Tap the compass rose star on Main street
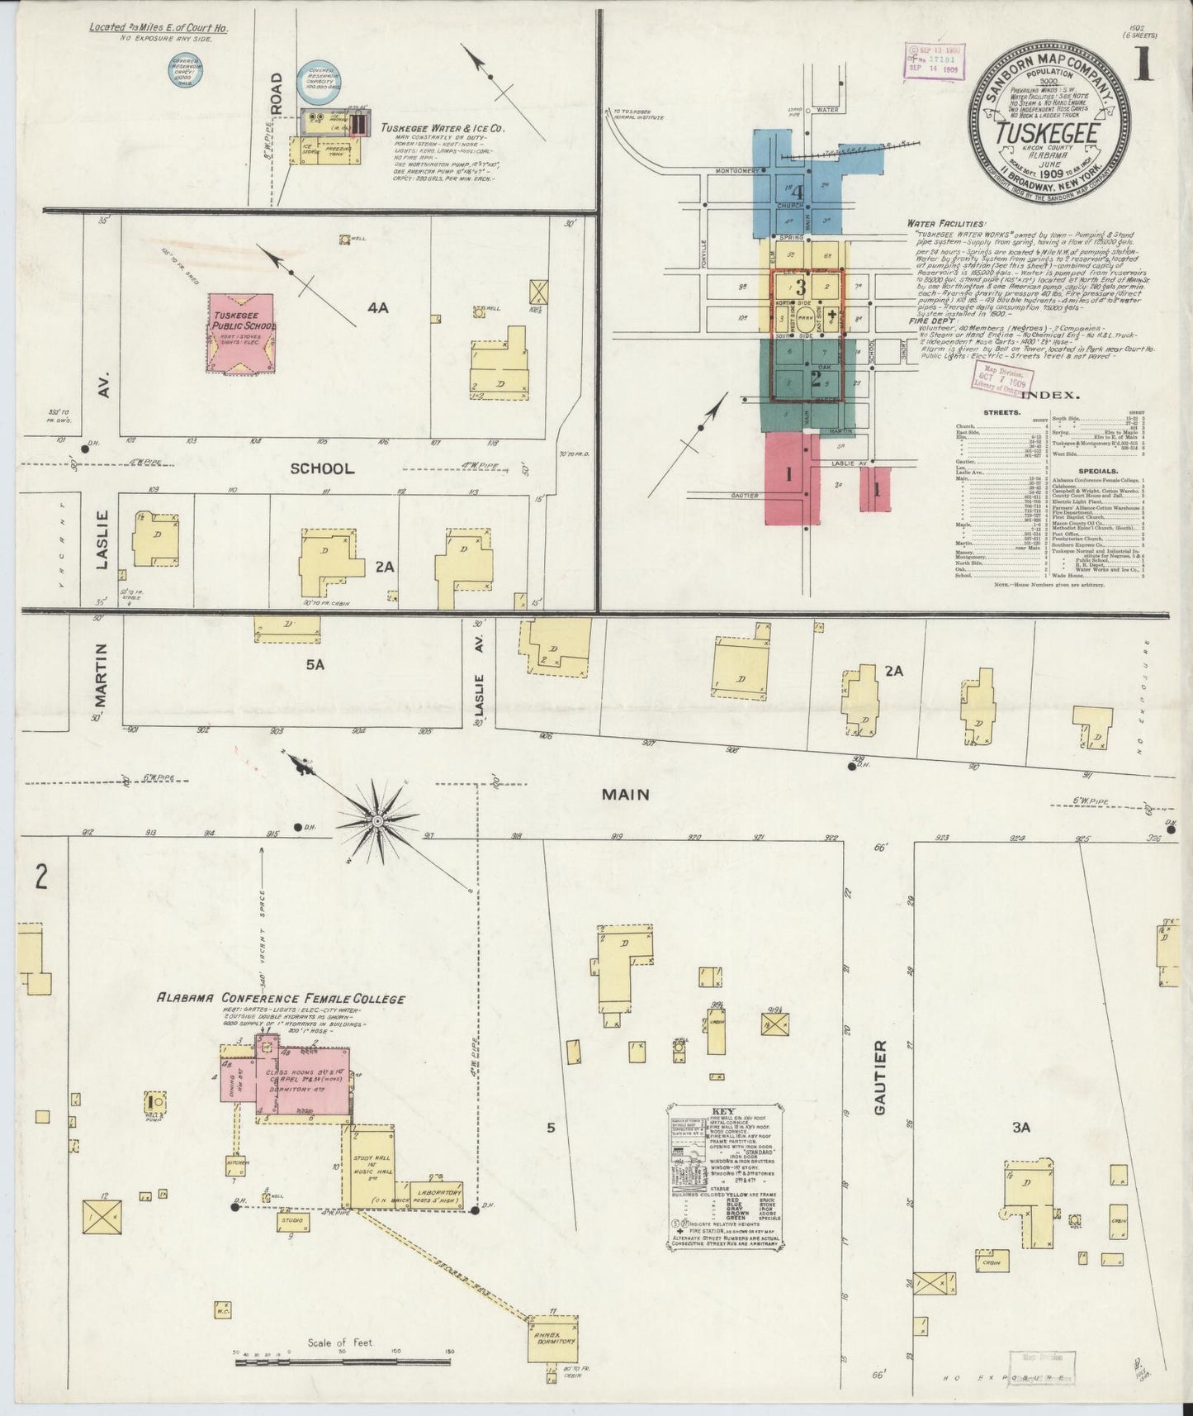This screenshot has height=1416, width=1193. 376,820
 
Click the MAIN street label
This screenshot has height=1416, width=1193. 625,795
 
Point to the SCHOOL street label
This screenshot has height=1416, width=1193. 322,468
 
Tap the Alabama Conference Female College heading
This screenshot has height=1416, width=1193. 281,999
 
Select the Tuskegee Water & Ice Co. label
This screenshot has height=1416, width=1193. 443,129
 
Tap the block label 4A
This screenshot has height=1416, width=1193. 377,308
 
